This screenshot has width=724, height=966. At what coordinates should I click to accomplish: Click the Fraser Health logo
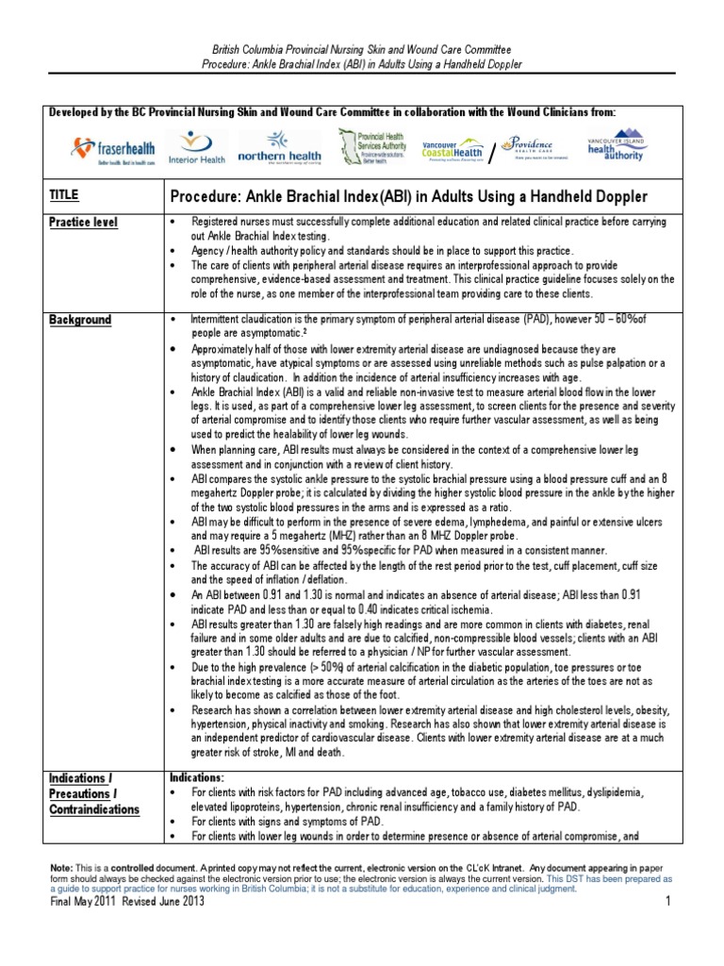point(108,147)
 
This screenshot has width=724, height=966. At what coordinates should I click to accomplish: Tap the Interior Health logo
point(197,146)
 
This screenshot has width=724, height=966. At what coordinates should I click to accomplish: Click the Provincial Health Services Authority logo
point(370,146)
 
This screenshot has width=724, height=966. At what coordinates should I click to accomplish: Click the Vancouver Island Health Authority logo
point(615,143)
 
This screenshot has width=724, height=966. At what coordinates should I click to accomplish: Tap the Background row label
point(80,320)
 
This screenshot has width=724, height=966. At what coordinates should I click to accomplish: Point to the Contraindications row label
point(94,809)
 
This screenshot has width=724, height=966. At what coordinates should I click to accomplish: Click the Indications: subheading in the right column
point(197,777)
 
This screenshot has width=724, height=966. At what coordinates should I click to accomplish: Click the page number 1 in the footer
point(666,902)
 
